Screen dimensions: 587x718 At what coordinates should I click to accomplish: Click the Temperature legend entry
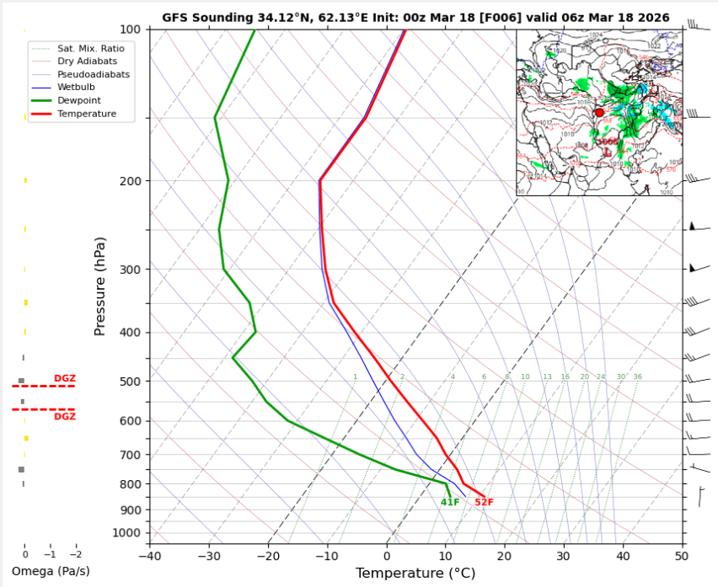point(86,114)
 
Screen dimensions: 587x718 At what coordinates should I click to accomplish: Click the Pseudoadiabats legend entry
point(93,74)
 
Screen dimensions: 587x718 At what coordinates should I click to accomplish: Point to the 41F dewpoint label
point(450,503)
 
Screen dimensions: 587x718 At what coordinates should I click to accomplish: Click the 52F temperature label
point(484,503)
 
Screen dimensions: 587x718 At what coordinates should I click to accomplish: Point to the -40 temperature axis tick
point(150,555)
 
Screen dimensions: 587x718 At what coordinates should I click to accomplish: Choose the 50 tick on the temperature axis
point(682,555)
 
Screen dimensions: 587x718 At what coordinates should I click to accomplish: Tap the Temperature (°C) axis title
point(415,574)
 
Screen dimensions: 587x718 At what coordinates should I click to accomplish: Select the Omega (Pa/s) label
point(51,571)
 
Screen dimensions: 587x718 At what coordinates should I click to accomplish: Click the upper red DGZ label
point(65,378)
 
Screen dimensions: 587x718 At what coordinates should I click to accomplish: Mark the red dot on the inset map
point(599,112)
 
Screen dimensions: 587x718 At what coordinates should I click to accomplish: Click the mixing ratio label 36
point(637,377)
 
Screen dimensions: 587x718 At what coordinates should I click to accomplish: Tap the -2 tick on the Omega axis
point(76,555)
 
